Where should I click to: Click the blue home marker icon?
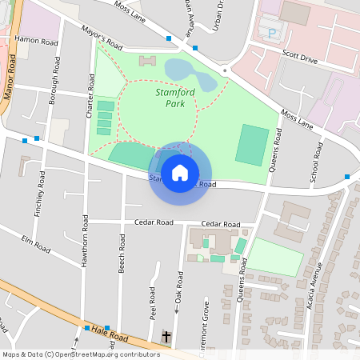(179, 172)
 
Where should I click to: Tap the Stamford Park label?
(170, 98)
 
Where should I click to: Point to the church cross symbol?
(166, 336)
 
